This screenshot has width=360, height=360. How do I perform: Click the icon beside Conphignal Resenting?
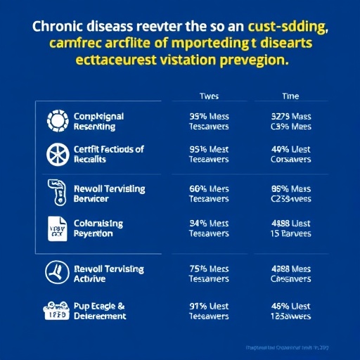click(55, 120)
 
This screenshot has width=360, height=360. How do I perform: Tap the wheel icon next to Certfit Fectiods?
click(55, 154)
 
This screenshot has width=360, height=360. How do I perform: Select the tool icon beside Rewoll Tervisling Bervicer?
click(55, 192)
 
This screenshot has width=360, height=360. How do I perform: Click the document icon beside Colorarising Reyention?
click(55, 229)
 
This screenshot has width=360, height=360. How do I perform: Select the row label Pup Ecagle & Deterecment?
click(100, 310)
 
